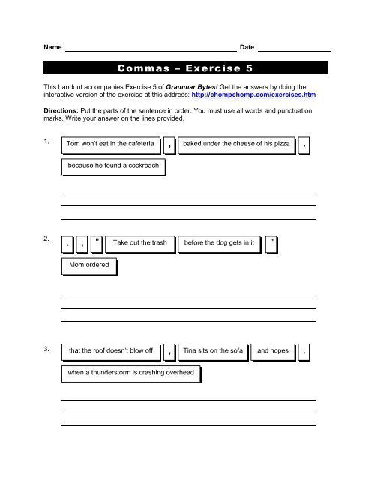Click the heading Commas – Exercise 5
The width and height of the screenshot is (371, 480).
click(x=186, y=67)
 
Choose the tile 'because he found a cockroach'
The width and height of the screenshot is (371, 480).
click(x=112, y=165)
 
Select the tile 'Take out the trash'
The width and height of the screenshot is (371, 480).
click(x=142, y=242)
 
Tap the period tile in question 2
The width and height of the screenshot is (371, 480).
click(x=69, y=243)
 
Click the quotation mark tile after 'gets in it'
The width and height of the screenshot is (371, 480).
click(x=272, y=242)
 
